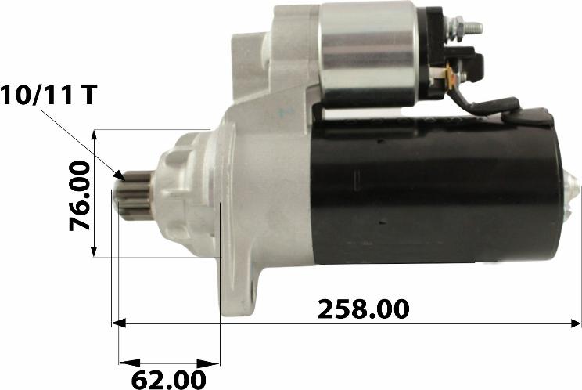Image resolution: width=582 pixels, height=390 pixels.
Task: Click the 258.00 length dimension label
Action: [364, 309]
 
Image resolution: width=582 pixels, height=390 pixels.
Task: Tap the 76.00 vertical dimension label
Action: [80, 196]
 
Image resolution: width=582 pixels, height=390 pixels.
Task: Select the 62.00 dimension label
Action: [168, 380]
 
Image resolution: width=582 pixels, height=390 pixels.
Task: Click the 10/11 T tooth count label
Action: [48, 94]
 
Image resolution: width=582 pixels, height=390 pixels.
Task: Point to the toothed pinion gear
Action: [139, 195]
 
